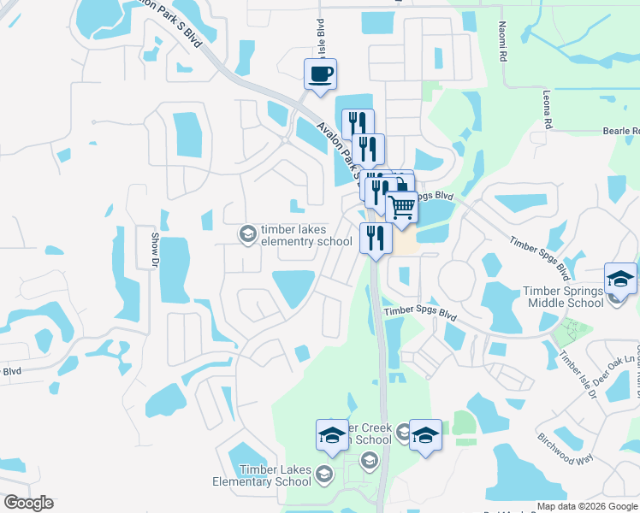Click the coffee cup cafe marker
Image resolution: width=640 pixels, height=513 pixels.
coord(320,74)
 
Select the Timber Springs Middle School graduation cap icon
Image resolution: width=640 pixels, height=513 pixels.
coord(620,279)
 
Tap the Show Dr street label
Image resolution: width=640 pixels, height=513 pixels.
coord(155,248)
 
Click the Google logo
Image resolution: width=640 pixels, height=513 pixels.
coord(28,503)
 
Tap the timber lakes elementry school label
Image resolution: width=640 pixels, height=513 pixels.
coord(306,235)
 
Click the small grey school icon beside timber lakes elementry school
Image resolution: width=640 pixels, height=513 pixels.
coord(248,233)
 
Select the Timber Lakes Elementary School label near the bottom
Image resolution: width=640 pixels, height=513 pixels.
coord(276,475)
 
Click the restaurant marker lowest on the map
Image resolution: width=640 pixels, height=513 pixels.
coord(375,238)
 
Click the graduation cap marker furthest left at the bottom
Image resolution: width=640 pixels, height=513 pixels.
coord(332,435)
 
